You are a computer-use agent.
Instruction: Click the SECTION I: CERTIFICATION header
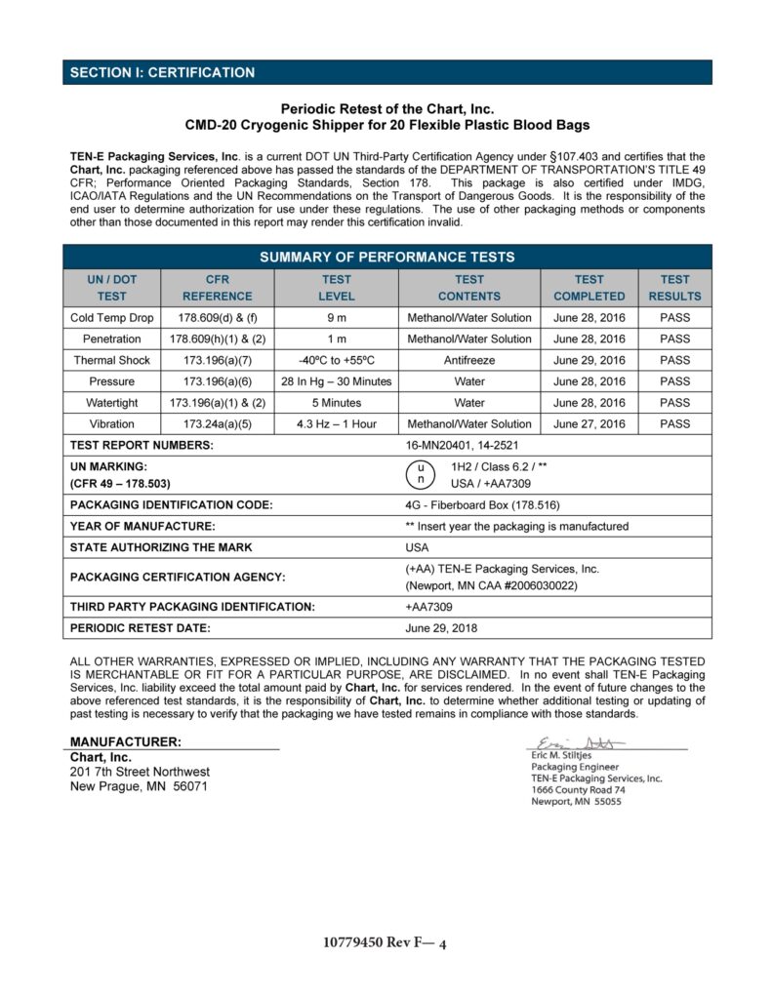pyautogui.click(x=162, y=73)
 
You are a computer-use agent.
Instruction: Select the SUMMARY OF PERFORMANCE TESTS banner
pyautogui.click(x=386, y=258)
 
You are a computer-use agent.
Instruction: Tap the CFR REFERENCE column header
pyautogui.click(x=217, y=288)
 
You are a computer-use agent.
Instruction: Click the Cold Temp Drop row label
pyautogui.click(x=111, y=318)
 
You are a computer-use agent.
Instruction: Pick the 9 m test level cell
pyautogui.click(x=336, y=318)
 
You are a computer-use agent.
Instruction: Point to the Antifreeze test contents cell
pyautogui.click(x=468, y=360)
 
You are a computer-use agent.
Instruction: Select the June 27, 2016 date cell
pyautogui.click(x=589, y=424)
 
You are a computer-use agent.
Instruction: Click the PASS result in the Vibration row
pyautogui.click(x=674, y=424)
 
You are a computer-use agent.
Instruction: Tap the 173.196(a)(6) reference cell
pyautogui.click(x=217, y=381)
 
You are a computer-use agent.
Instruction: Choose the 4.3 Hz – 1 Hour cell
pyautogui.click(x=336, y=424)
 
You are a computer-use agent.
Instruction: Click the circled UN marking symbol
pyautogui.click(x=420, y=474)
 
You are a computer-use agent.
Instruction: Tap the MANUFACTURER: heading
pyautogui.click(x=125, y=742)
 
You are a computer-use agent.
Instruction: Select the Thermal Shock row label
pyautogui.click(x=111, y=360)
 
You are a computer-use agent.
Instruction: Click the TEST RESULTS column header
pyautogui.click(x=674, y=288)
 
